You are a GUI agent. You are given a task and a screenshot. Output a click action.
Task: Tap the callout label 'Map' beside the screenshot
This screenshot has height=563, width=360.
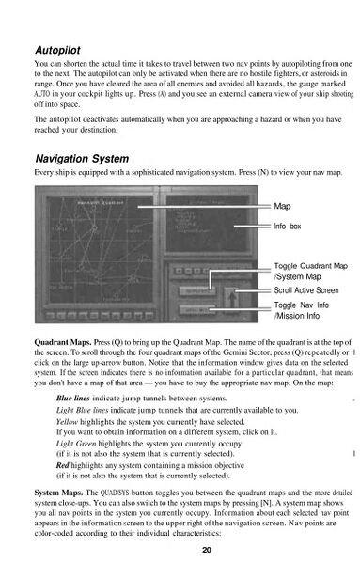click(x=282, y=206)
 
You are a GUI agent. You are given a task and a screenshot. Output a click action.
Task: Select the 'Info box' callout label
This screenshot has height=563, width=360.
click(x=288, y=228)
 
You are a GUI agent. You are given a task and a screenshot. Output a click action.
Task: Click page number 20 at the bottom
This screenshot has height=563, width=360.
click(x=179, y=550)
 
